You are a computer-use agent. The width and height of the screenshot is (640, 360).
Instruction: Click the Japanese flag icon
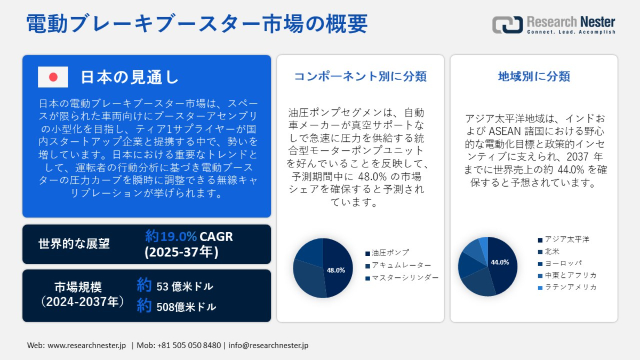[x=53, y=77]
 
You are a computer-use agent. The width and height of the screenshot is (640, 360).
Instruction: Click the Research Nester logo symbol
[x=507, y=25]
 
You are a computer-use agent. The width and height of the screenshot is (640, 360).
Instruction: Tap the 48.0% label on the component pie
[x=335, y=270]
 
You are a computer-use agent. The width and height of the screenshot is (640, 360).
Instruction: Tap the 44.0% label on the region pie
[x=500, y=262]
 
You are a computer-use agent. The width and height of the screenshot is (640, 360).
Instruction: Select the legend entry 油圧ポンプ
[x=387, y=253]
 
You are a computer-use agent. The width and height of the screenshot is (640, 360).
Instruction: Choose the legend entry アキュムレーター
[x=398, y=266]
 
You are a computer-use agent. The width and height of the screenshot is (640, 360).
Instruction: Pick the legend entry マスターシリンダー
[x=402, y=278]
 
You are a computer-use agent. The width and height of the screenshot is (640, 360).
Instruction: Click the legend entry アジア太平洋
[x=564, y=239]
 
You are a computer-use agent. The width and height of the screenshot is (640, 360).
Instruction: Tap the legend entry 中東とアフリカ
[x=567, y=275]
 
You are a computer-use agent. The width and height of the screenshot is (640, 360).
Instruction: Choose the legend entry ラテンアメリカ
[x=567, y=287]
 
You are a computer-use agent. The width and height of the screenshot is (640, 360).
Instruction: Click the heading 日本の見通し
[x=130, y=77]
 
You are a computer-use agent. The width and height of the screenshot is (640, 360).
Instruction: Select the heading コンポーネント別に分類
[x=361, y=76]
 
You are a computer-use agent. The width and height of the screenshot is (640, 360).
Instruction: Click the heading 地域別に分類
[x=534, y=76]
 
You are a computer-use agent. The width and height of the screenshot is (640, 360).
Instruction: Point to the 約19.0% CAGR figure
[x=189, y=236]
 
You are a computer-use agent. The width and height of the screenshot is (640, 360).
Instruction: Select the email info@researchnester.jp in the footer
[x=268, y=345]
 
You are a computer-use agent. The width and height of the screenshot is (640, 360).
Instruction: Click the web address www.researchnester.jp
[x=86, y=345]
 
